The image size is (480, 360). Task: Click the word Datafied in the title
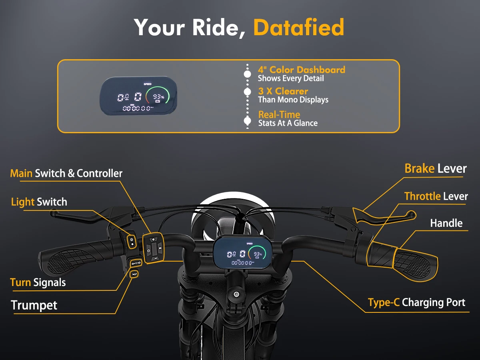[x=298, y=27]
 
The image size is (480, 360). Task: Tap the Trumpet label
[x=34, y=305]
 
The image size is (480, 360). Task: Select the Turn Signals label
[x=38, y=282]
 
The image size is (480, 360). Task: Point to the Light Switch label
[x=39, y=202]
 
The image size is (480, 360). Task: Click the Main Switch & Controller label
[x=66, y=173]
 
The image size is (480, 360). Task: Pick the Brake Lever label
[x=435, y=168]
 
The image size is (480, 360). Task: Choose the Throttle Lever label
[x=436, y=196]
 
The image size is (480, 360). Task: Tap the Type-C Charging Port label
[x=416, y=302]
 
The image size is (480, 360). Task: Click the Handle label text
[x=446, y=223]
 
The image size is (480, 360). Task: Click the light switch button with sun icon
[x=132, y=240]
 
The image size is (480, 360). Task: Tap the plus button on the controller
[x=153, y=239]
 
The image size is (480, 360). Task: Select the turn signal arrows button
[x=135, y=263]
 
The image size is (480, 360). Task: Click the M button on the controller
[x=160, y=249]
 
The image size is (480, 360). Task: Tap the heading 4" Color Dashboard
[x=301, y=70]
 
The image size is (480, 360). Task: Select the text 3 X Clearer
[x=283, y=91]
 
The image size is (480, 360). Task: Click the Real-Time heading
[x=279, y=115]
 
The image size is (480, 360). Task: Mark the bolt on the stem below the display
[x=236, y=294]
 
